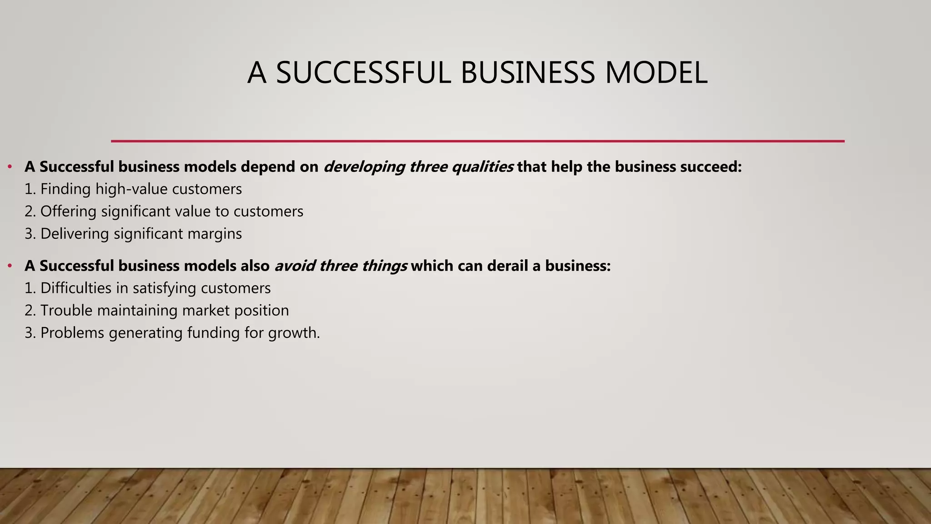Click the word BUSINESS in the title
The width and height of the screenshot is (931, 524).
tap(527, 73)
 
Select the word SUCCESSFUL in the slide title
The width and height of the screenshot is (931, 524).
tap(363, 73)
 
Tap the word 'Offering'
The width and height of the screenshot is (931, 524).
tap(68, 212)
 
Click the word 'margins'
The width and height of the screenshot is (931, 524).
tap(213, 234)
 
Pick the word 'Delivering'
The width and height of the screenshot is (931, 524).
tap(75, 234)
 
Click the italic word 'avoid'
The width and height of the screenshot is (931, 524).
tap(294, 266)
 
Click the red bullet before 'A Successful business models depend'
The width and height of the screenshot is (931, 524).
tap(10, 167)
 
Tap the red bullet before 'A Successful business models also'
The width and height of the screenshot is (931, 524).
tap(10, 266)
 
